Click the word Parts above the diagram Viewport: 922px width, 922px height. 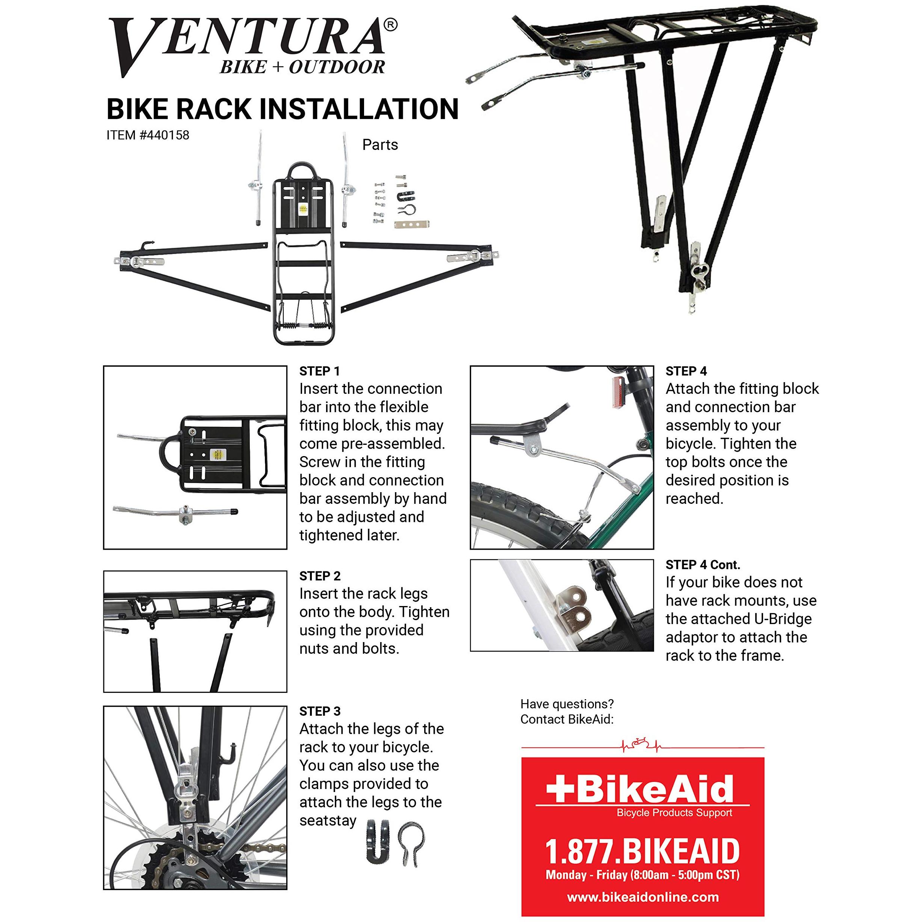coord(380,145)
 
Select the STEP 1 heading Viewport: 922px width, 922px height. coord(319,371)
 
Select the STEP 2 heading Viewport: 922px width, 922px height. coord(320,576)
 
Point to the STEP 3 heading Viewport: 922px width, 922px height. coord(320,711)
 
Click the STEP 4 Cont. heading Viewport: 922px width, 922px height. coord(703,565)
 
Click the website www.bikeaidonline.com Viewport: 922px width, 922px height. coord(642,897)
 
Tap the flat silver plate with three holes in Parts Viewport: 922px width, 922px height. coord(411,224)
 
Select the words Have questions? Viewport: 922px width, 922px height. coord(567,704)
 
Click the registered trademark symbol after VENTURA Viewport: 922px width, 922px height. coord(390,25)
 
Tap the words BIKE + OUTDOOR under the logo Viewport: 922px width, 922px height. coord(302,67)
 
